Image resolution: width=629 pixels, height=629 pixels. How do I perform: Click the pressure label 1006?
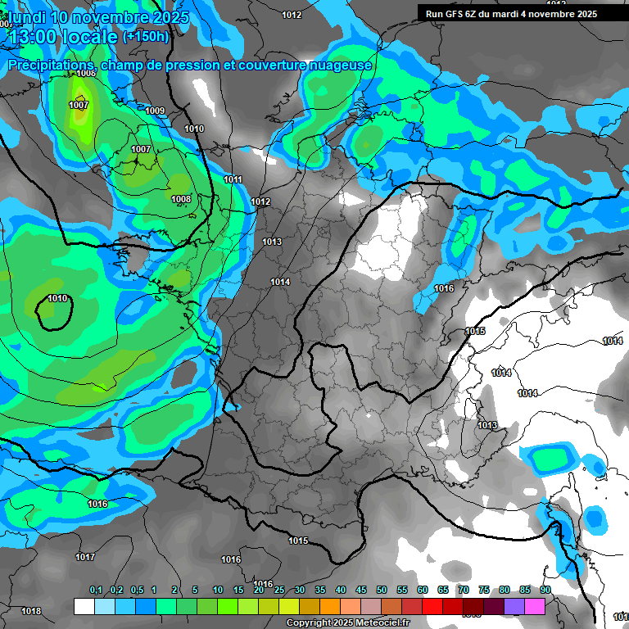pos(86,74)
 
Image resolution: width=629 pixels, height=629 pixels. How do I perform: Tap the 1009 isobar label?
pos(155,111)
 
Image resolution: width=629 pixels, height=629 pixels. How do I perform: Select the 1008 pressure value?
pos(181,199)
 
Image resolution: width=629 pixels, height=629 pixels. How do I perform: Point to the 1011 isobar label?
pos(233,179)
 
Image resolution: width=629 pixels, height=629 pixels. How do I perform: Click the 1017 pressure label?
pos(85,557)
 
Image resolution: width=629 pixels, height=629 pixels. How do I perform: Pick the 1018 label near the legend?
pos(31,611)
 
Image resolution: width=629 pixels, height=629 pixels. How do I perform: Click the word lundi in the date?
pos(25,17)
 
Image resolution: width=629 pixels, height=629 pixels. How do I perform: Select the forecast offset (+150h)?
pos(146,37)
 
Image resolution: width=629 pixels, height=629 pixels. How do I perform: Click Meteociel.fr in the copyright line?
pos(376,623)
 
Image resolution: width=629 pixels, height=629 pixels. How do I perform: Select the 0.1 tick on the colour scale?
pos(96,591)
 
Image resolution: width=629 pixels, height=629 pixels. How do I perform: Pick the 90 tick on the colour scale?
pos(545,591)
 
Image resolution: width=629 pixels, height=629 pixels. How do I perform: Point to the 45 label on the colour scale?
pos(361,591)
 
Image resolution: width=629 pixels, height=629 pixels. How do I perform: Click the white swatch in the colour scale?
pos(84,606)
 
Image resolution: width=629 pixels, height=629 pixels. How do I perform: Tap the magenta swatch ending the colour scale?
pos(535,606)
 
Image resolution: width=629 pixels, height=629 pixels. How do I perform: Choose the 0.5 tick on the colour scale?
pos(136,591)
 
